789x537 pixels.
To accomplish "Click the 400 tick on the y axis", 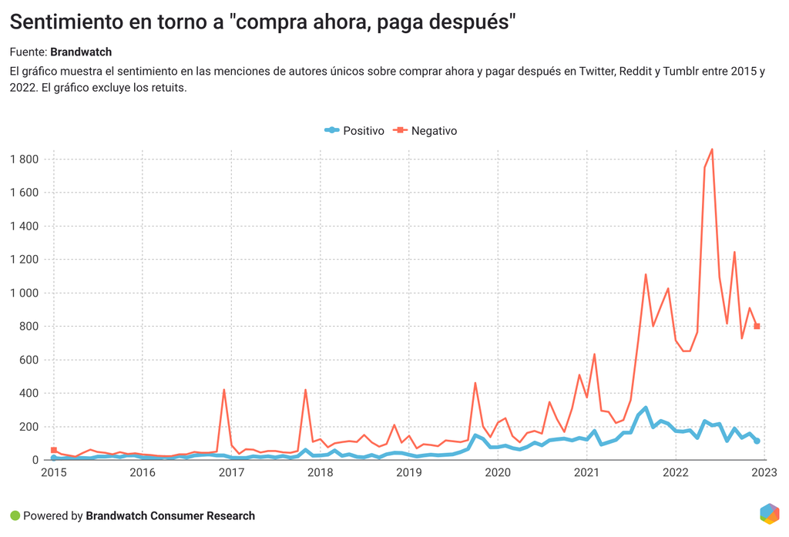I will pos(31,393).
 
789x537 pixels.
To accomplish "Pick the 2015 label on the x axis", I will pos(53,472).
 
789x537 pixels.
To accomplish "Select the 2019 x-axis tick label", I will pos(409,472).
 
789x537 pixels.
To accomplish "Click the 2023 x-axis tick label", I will pos(764,472).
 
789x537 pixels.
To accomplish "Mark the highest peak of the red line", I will pos(712,149).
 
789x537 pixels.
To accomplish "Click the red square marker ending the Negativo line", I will pos(757,327).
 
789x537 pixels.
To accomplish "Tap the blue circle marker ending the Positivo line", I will pos(757,441).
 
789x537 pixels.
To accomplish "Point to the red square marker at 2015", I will pos(53,450).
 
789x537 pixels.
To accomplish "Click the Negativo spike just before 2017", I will pos(223,390).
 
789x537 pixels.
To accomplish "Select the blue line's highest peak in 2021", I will pos(646,408).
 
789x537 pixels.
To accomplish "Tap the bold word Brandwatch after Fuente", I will pos(81,52).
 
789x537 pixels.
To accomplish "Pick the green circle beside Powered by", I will pos(15,515).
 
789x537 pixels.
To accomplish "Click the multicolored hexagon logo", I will pos(769,514).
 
